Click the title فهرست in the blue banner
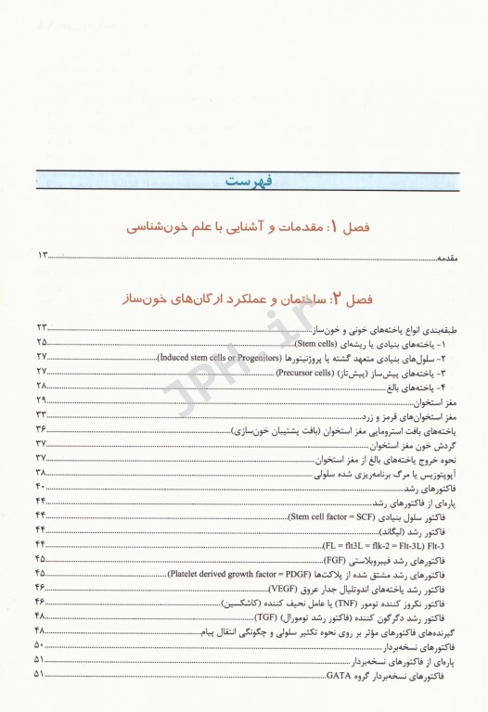coord(246,180)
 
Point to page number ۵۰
coord(43,647)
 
